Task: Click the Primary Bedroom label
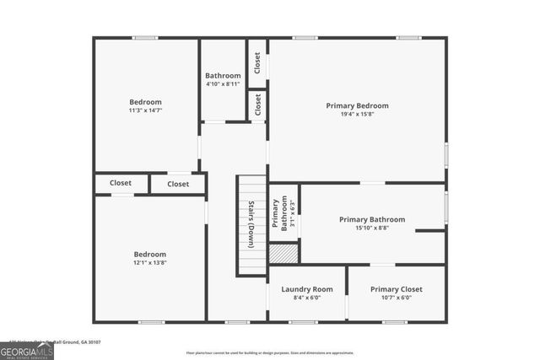pyautogui.click(x=357, y=105)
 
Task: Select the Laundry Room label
pyautogui.click(x=306, y=289)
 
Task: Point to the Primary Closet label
pyautogui.click(x=397, y=289)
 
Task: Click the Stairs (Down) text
pyautogui.click(x=251, y=224)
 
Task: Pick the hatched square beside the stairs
pyautogui.click(x=283, y=252)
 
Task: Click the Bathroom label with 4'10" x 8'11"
pyautogui.click(x=223, y=76)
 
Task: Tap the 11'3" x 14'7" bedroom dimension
pyautogui.click(x=145, y=110)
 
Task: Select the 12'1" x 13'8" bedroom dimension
pyautogui.click(x=150, y=263)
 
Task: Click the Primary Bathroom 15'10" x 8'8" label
pyautogui.click(x=372, y=219)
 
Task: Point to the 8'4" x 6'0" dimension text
pyautogui.click(x=306, y=298)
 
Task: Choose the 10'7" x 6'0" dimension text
pyautogui.click(x=397, y=298)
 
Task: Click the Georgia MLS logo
pyautogui.click(x=27, y=347)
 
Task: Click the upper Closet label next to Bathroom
pyautogui.click(x=257, y=62)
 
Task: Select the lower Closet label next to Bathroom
pyautogui.click(x=257, y=105)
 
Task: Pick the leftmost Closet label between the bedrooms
pyautogui.click(x=120, y=182)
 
